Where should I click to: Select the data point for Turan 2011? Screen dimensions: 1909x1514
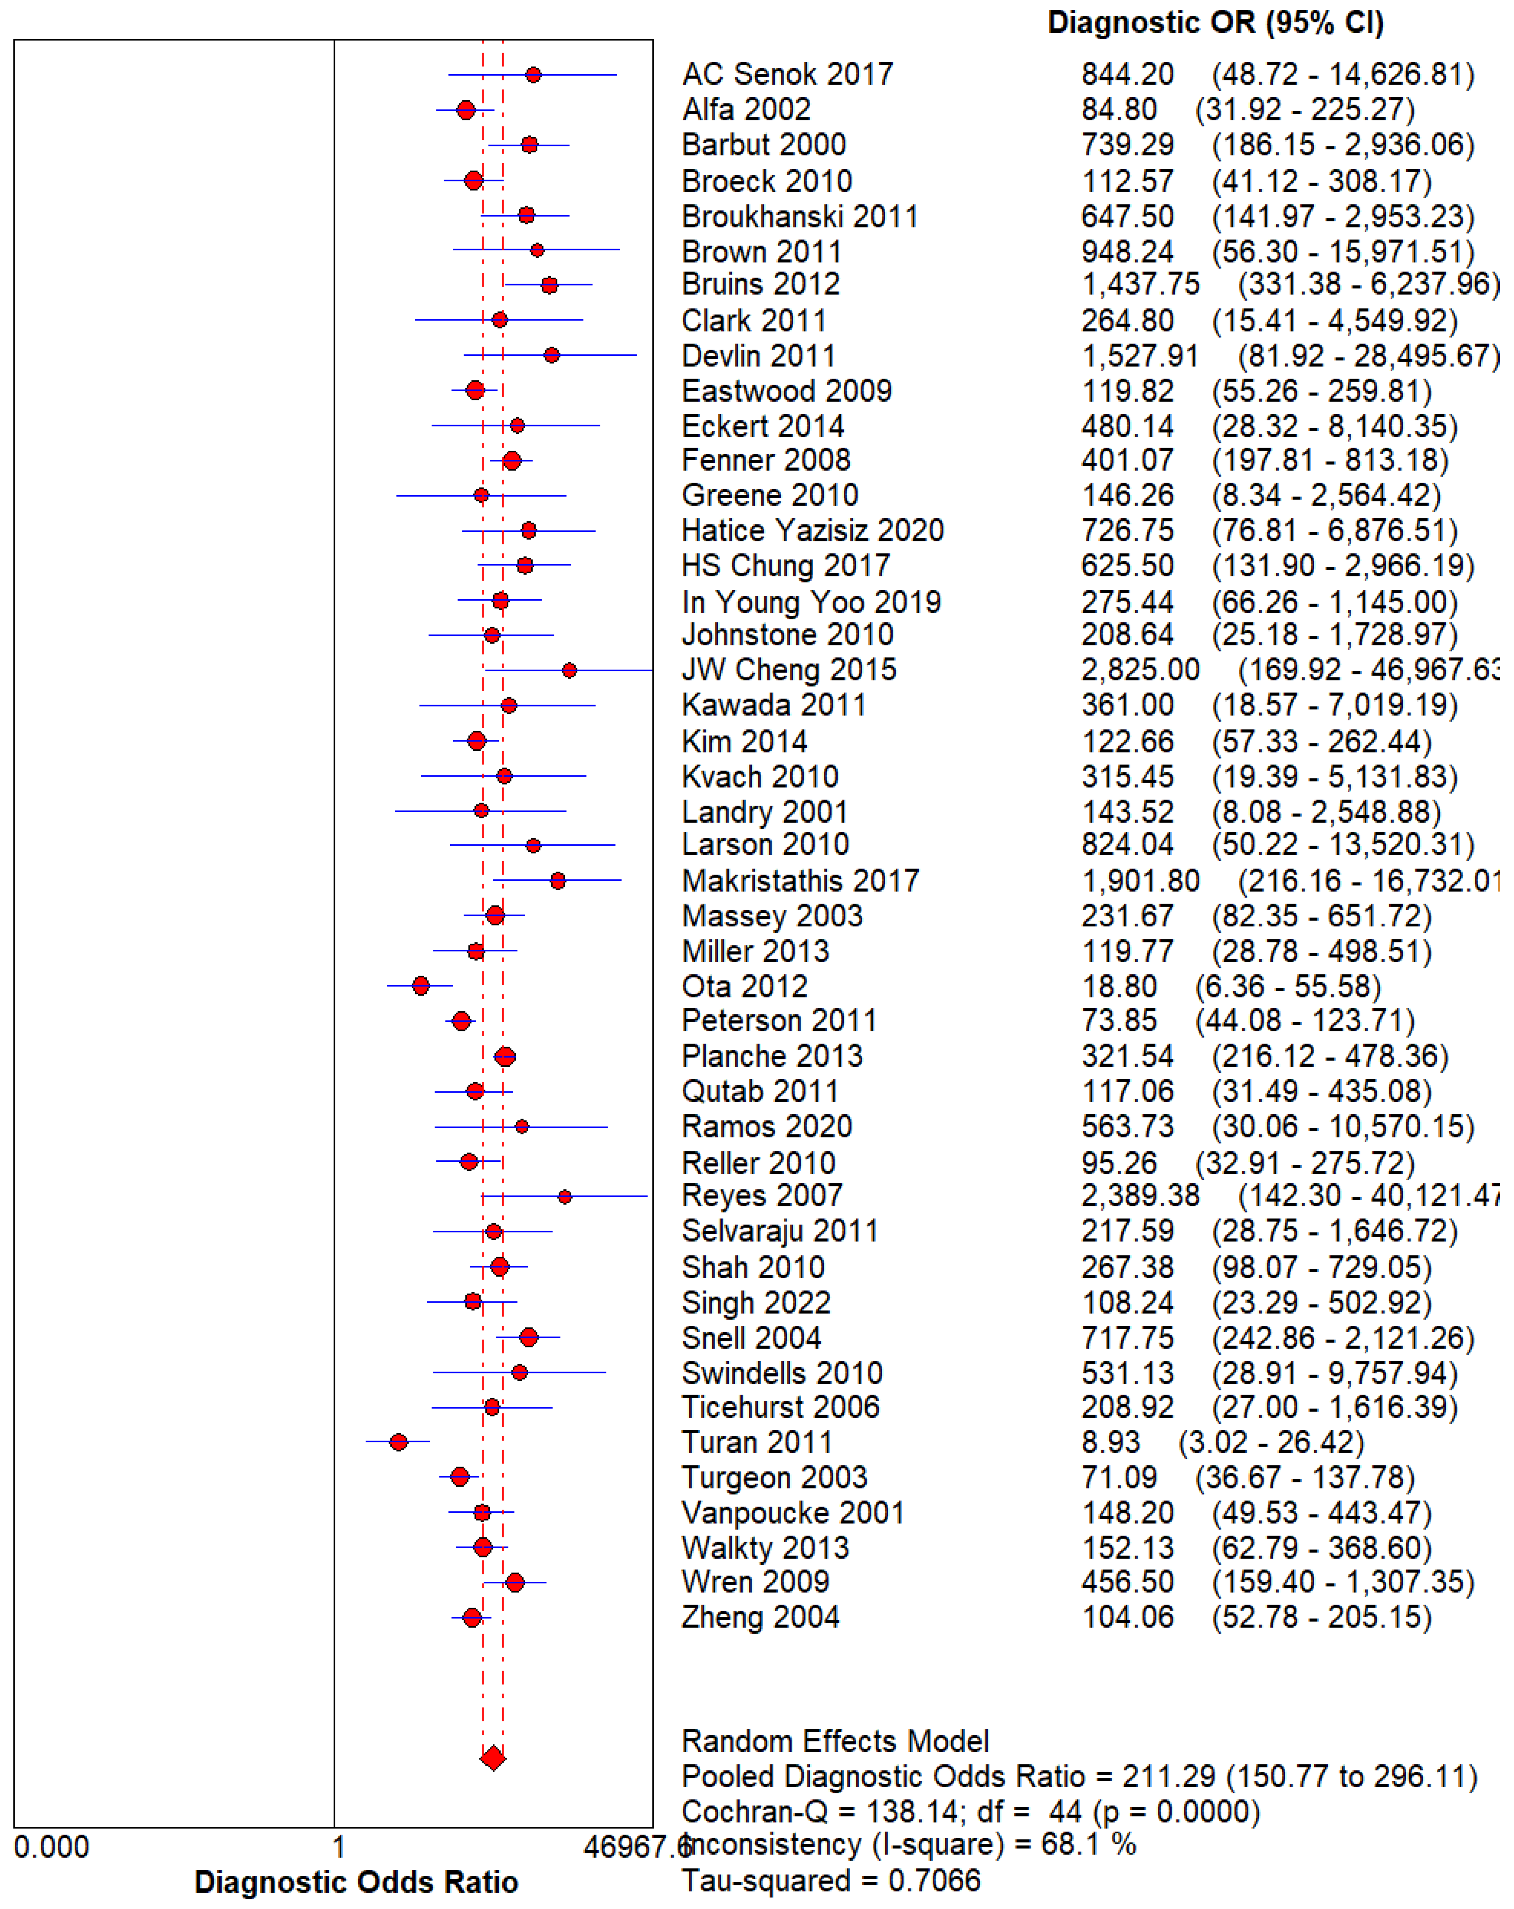[398, 1442]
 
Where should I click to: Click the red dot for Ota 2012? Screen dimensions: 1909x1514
[420, 986]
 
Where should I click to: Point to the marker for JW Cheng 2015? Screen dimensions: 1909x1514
[569, 670]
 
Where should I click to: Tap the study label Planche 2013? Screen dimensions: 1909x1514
[772, 1056]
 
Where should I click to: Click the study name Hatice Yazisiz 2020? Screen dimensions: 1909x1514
[813, 531]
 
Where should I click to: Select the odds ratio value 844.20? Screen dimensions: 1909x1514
[1127, 74]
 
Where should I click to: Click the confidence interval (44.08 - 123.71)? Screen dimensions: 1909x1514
[1305, 1021]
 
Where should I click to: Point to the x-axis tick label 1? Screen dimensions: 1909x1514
[337, 1847]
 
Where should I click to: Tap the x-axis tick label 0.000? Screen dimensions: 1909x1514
[51, 1847]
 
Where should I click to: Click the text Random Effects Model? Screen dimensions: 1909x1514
[835, 1741]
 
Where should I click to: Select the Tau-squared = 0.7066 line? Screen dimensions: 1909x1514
[830, 1881]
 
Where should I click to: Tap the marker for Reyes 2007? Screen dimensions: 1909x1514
[565, 1197]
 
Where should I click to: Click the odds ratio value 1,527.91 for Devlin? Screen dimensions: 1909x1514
[1139, 356]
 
